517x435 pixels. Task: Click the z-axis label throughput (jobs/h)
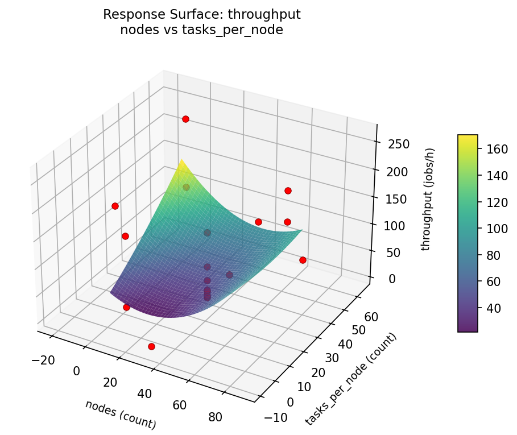point(431,199)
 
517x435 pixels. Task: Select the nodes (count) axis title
point(120,415)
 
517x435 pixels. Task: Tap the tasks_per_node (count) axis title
point(350,379)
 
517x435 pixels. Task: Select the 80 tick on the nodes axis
point(215,417)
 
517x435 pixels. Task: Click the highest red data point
point(185,119)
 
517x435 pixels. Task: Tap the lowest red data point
point(151,346)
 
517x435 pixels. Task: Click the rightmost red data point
point(303,260)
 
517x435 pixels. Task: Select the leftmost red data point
point(115,206)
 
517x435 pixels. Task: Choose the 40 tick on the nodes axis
point(144,393)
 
